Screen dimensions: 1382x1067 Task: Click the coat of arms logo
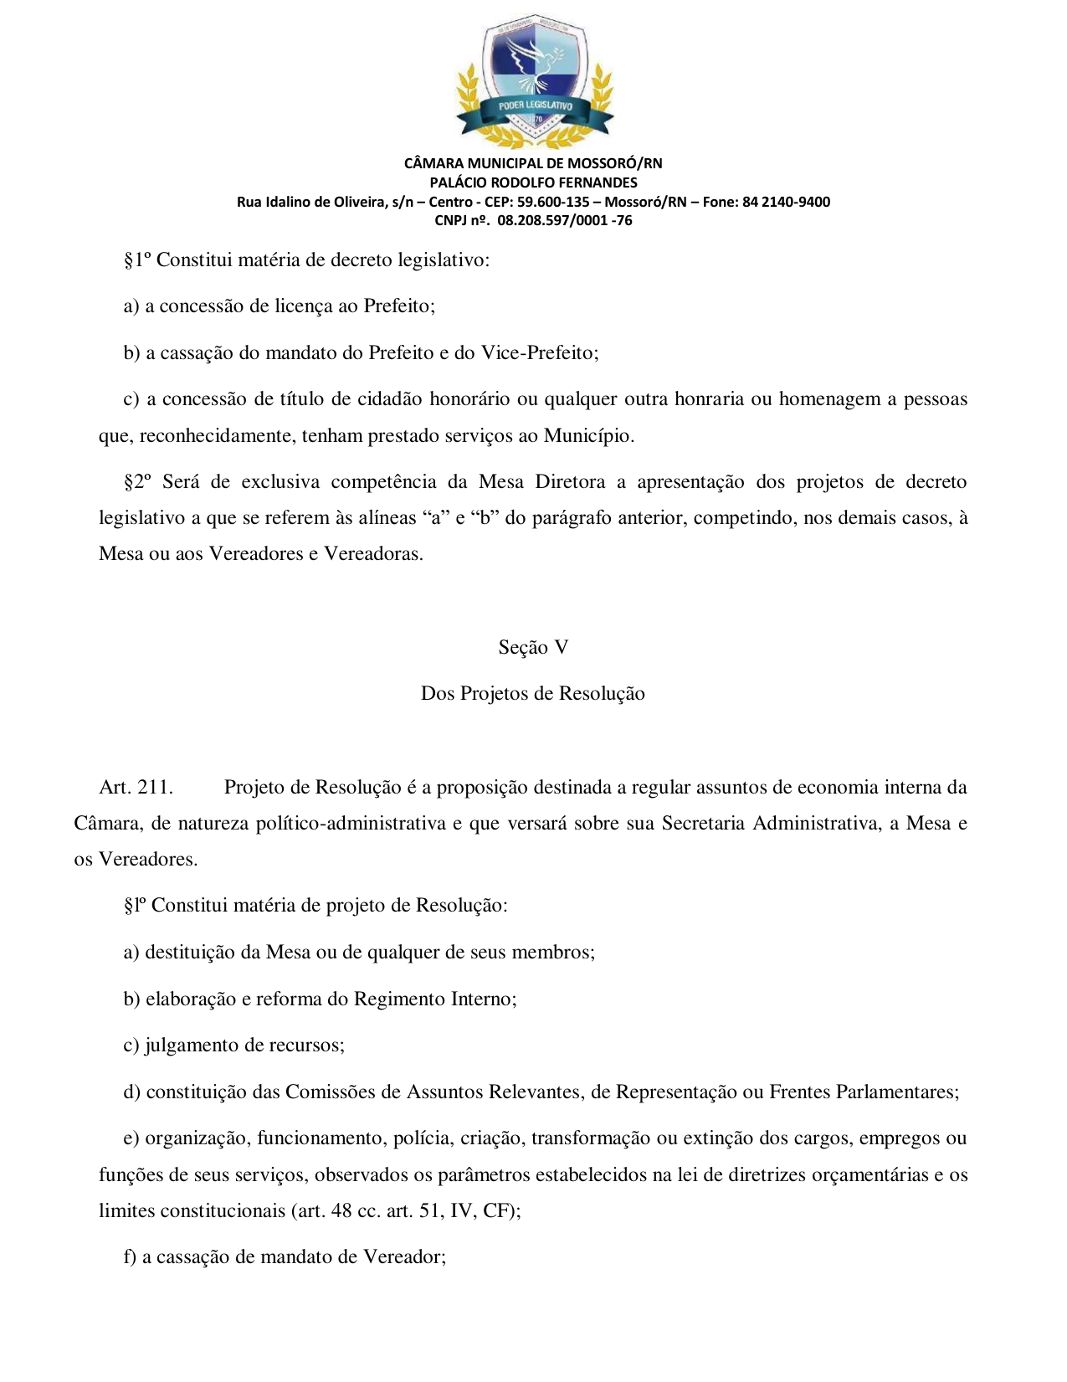[x=533, y=80]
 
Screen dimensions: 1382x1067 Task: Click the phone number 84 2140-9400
[x=786, y=202]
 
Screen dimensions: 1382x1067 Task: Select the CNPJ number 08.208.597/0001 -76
[x=565, y=221]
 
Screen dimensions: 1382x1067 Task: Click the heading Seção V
[x=533, y=647]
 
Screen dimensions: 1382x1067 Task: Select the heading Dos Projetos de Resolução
[x=533, y=694]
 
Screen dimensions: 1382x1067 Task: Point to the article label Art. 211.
[x=136, y=788]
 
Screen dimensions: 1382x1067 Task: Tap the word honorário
[x=469, y=399]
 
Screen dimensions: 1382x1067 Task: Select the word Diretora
[x=570, y=482]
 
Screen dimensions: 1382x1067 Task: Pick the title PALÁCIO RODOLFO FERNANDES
[x=533, y=182]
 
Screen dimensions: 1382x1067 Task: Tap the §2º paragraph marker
[x=138, y=482]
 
